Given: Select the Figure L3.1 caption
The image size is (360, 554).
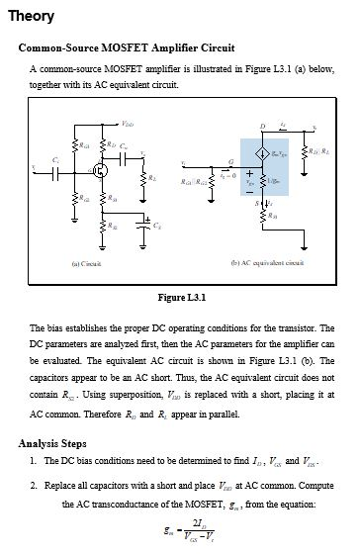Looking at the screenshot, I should coord(180,297).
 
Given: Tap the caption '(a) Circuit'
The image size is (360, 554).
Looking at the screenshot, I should coord(90,264).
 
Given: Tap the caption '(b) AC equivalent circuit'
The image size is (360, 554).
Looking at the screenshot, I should coord(266,264).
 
